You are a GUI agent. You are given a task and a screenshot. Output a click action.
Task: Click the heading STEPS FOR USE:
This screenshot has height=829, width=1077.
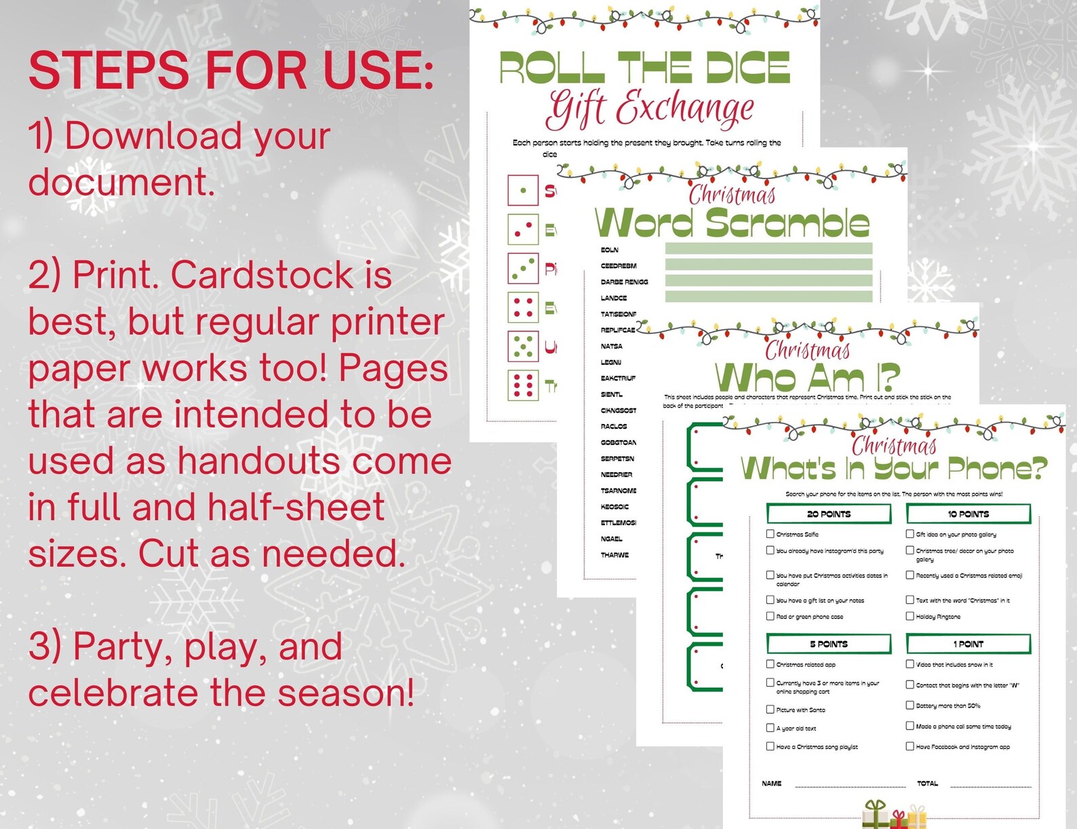coord(231,71)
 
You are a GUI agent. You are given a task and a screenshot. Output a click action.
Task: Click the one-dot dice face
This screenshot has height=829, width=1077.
coord(523,191)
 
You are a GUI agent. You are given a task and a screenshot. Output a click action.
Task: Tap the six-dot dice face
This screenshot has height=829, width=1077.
coord(523,385)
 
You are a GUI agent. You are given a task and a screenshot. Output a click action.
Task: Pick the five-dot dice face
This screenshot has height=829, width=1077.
coord(523,347)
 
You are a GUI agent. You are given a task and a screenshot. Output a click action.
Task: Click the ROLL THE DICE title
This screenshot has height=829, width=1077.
coord(644,68)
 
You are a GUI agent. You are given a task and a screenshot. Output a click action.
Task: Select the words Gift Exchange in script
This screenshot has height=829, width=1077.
coord(650,109)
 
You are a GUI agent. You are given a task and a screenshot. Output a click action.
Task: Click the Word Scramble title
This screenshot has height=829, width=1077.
coord(731,223)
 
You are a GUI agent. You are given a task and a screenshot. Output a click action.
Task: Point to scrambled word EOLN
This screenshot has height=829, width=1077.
coord(609,250)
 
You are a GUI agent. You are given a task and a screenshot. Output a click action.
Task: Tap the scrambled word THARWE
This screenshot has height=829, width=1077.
coord(614,555)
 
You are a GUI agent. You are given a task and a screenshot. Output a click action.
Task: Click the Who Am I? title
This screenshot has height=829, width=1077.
coord(807,377)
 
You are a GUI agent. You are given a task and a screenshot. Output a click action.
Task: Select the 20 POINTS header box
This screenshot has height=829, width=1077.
coord(828,514)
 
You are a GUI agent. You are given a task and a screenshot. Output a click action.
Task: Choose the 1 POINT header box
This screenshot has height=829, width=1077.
coord(968,644)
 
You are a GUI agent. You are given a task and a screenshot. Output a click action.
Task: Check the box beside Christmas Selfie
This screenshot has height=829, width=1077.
coord(770,534)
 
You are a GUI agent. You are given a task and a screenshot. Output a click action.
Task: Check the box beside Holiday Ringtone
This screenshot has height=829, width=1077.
coord(910,616)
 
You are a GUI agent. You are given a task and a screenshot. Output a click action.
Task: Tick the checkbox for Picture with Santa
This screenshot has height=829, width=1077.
coord(770,709)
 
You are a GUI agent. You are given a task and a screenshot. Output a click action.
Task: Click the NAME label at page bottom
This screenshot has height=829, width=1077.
coord(771,784)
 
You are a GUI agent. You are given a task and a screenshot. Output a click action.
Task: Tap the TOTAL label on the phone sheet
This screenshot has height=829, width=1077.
coord(927,784)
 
